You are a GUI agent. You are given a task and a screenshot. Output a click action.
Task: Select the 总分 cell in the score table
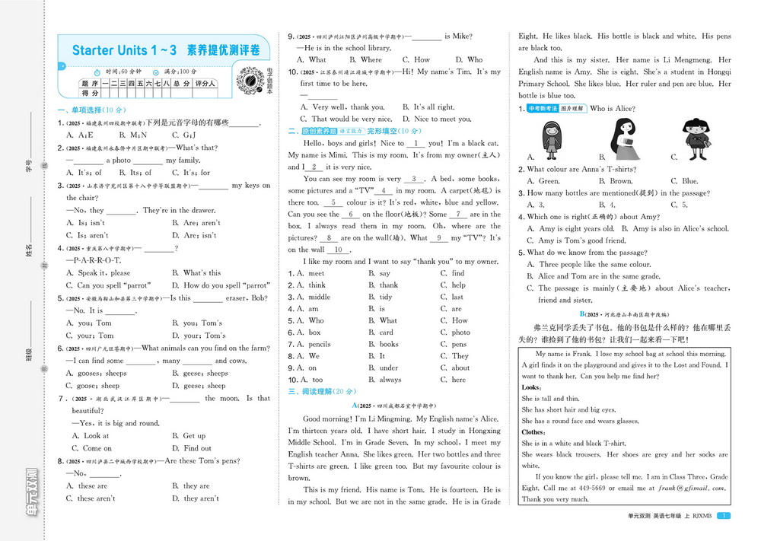click(180, 83)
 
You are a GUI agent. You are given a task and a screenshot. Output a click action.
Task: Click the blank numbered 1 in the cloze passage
click(416, 143)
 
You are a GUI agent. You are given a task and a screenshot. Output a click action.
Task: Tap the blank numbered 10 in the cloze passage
click(339, 250)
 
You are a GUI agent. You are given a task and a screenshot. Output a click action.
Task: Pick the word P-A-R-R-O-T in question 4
click(95, 260)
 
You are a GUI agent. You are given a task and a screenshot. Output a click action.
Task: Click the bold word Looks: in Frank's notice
click(531, 387)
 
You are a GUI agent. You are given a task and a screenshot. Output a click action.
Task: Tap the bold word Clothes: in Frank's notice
click(536, 431)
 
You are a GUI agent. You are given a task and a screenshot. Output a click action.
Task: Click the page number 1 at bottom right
click(724, 516)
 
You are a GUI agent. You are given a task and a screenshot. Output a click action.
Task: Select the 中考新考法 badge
click(543, 109)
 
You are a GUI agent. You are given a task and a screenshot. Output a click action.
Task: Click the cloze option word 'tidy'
click(386, 297)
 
